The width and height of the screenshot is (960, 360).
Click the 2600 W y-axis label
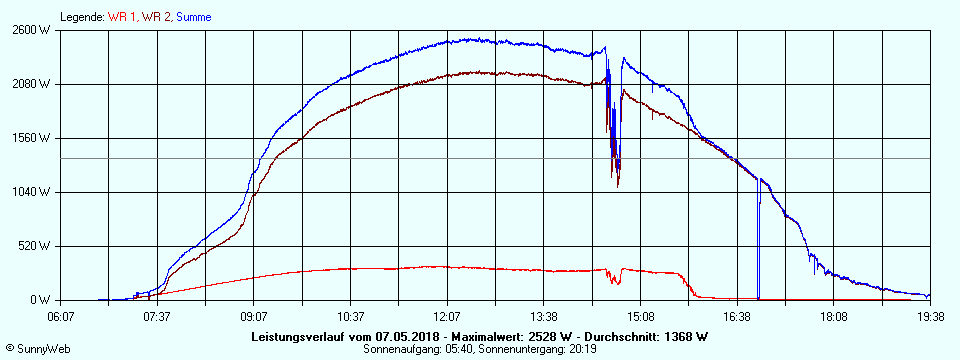pyautogui.click(x=30, y=30)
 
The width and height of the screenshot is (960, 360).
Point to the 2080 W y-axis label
pyautogui.click(x=30, y=84)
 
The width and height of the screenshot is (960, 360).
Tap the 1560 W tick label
pyautogui.click(x=30, y=138)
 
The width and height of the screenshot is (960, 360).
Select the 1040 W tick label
pyautogui.click(x=30, y=192)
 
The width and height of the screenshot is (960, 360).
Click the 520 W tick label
pyautogui.click(x=33, y=246)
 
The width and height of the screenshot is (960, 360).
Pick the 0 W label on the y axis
pyautogui.click(x=40, y=300)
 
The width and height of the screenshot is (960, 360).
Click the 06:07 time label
pyautogui.click(x=61, y=316)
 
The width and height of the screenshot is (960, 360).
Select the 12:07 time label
pyautogui.click(x=447, y=316)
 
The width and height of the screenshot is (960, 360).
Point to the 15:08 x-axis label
pyautogui.click(x=640, y=316)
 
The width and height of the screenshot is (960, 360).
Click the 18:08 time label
pyautogui.click(x=833, y=316)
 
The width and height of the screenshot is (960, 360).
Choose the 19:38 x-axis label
pyautogui.click(x=929, y=316)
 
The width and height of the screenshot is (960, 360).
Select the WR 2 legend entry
pyautogui.click(x=156, y=17)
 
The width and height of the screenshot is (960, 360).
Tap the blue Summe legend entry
pyautogui.click(x=194, y=17)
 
